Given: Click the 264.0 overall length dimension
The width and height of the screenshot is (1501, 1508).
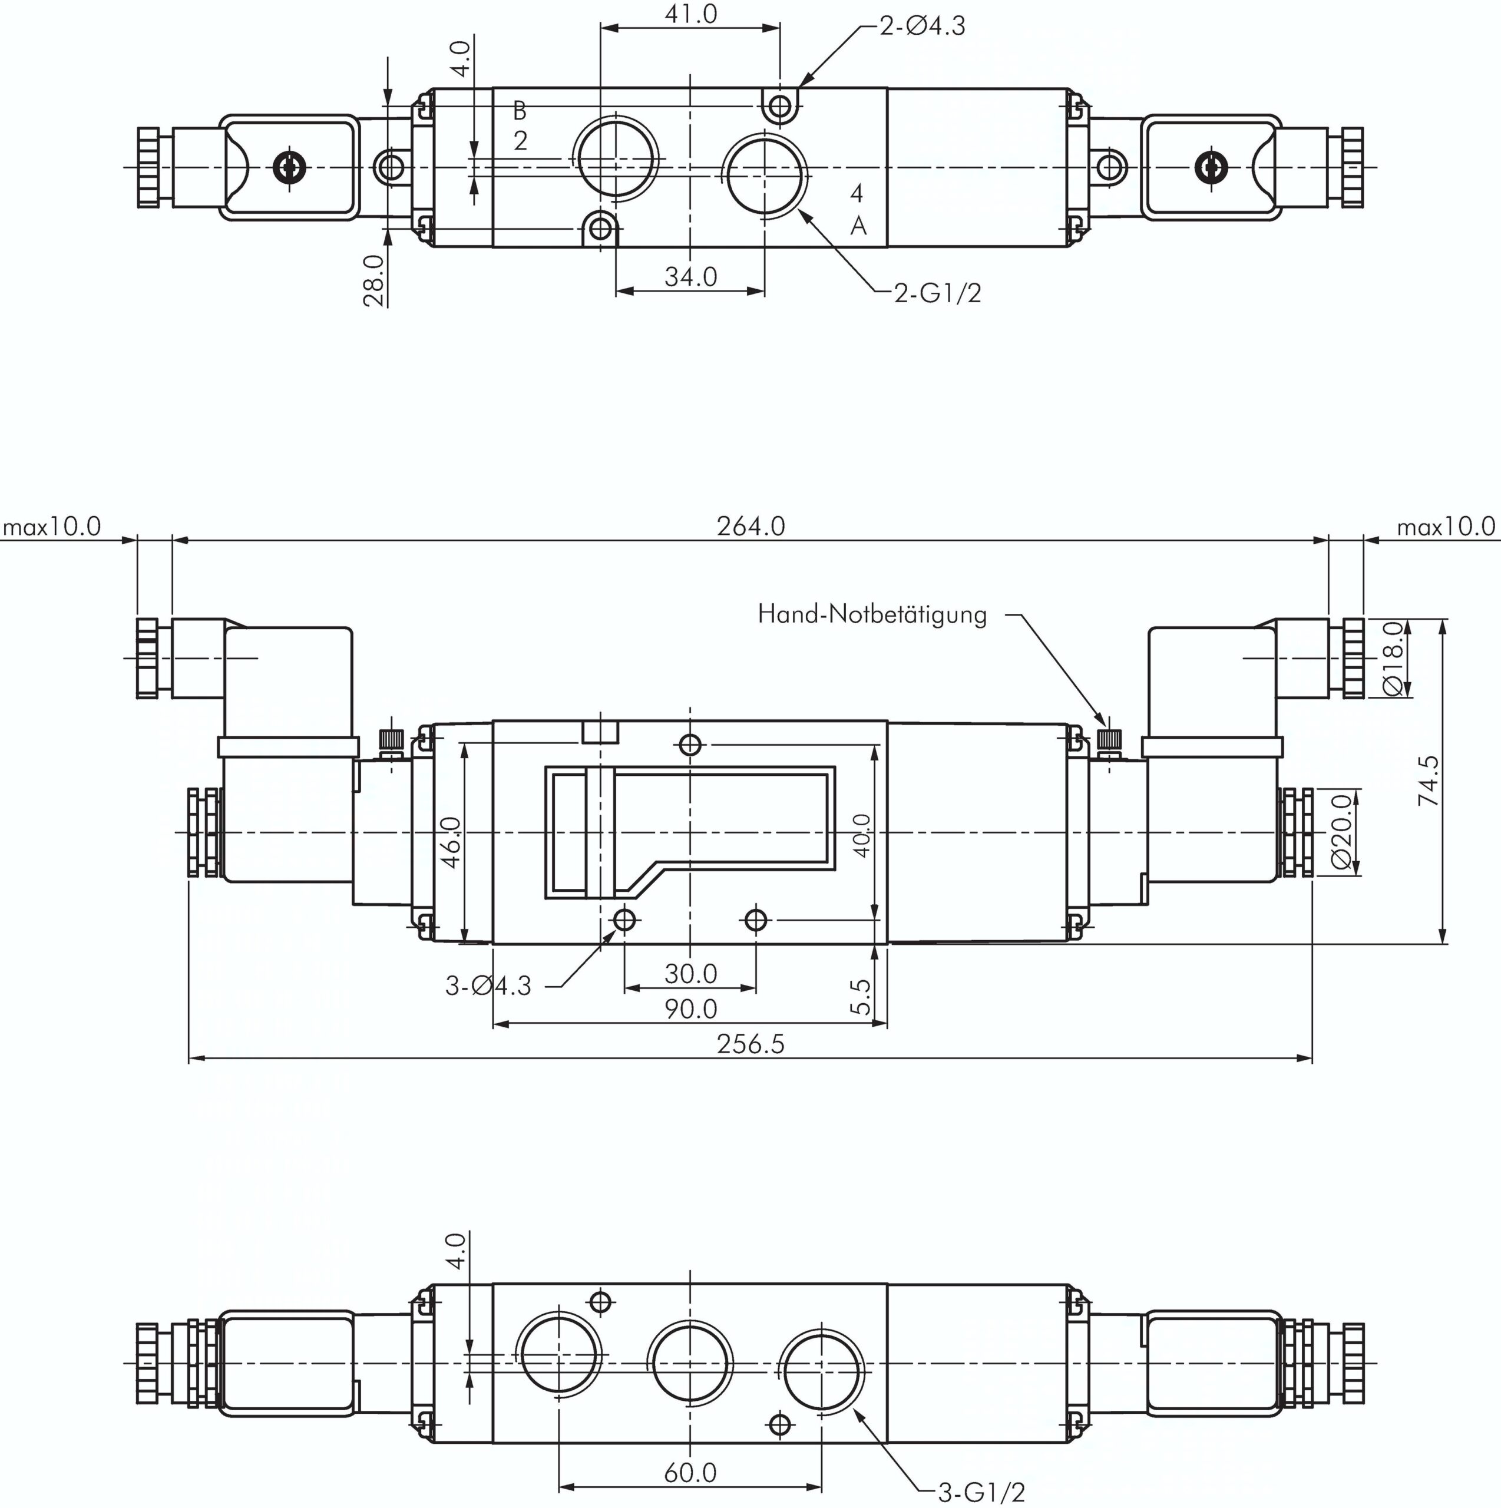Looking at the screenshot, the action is [751, 526].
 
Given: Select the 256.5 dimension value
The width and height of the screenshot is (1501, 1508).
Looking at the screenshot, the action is [751, 1044].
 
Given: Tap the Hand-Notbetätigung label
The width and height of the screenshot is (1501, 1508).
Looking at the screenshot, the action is [872, 615].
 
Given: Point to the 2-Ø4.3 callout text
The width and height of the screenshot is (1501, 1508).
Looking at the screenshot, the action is [923, 27].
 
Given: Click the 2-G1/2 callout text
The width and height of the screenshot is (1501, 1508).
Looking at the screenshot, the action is [937, 293].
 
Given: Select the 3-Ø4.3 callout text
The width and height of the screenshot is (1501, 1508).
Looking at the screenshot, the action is [488, 986].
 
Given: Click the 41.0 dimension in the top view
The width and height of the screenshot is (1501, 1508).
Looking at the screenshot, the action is [691, 14].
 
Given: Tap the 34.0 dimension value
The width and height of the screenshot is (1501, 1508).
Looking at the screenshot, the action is [691, 276].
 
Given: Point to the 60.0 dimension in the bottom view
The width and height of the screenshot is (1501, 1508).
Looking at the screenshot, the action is [691, 1472].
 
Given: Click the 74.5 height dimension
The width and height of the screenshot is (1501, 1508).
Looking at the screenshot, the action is [1429, 781].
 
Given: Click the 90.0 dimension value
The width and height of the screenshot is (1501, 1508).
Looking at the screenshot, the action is [691, 1009].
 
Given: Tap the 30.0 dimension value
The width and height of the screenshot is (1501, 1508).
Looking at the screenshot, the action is [691, 973].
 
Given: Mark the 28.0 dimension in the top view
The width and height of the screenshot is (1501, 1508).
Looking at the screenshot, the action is [375, 280].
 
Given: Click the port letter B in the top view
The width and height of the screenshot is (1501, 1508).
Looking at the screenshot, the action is [520, 111].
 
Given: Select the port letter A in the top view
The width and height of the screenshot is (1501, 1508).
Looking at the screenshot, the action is [858, 226].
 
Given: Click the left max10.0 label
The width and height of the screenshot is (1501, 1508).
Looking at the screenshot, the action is [51, 527].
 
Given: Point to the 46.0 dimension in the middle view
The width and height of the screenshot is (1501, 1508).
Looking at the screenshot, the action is [452, 842].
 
